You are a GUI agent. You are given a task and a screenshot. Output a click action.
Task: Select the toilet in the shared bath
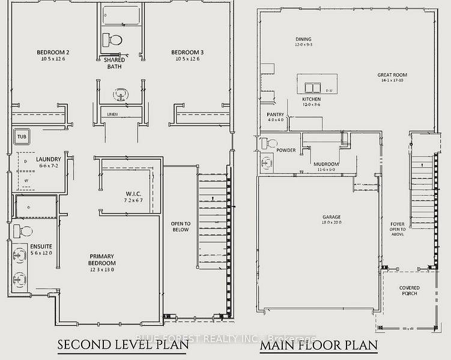click(x=112, y=41)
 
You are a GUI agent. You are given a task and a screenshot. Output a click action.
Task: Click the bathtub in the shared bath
click(x=120, y=16)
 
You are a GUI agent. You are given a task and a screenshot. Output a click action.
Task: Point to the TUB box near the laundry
click(x=22, y=136)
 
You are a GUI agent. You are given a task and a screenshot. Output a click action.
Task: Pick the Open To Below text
click(x=180, y=226)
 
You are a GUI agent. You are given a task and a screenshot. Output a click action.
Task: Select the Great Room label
click(x=392, y=76)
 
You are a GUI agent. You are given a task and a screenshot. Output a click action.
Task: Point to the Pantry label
click(x=276, y=114)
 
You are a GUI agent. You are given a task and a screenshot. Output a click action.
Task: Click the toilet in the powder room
click(x=270, y=143)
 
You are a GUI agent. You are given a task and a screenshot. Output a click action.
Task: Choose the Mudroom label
click(x=326, y=164)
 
